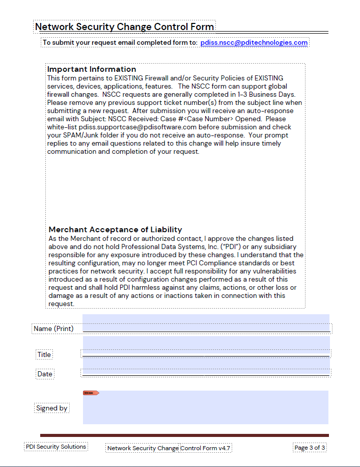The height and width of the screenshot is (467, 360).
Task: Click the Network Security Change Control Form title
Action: pos(124,27)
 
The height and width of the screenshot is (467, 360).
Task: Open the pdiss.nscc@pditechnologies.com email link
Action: pos(254,43)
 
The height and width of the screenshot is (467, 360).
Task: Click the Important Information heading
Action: pos(92,69)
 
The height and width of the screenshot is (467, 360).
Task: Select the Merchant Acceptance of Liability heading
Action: pos(115,230)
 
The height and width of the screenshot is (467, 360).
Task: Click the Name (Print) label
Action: pos(53,328)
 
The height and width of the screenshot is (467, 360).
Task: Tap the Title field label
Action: pos(44,354)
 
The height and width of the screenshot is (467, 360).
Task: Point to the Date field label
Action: pos(45,374)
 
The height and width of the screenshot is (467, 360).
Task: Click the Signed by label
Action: pos(52,408)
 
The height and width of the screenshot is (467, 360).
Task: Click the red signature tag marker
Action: pos(91,393)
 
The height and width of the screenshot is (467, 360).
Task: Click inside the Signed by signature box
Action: pos(206,410)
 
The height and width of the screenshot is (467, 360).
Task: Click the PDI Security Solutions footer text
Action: pos(56,447)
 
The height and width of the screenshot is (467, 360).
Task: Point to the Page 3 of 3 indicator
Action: pos(310,448)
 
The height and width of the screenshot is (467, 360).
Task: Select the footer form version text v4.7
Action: pos(225,448)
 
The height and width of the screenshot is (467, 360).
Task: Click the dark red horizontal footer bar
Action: pos(184,435)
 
